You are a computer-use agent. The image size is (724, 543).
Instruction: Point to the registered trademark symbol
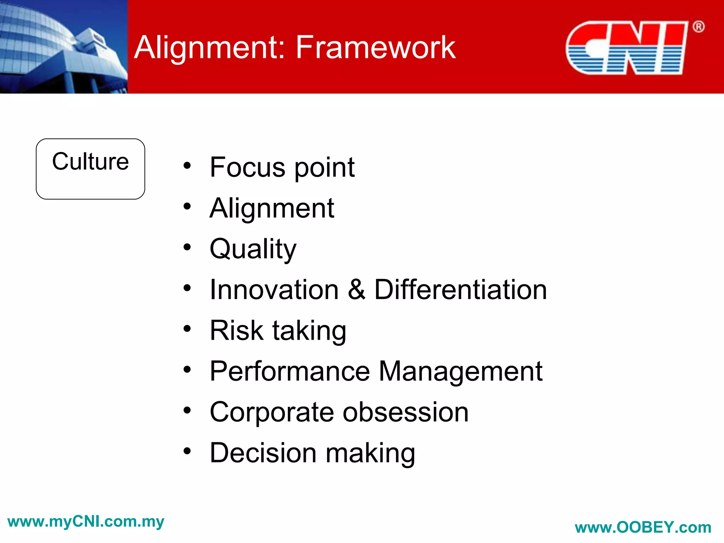pos(698,27)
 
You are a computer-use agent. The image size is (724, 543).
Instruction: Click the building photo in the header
pos(64,47)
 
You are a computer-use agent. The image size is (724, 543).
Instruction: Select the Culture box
pos(90,169)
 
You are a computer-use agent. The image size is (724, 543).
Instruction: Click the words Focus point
pos(282,167)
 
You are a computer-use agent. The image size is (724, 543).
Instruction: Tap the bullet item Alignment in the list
pos(271,208)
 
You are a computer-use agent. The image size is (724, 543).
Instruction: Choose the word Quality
pos(253,249)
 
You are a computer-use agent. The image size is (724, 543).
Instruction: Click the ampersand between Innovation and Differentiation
pos(356,290)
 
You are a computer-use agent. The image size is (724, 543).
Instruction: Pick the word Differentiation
pos(460,290)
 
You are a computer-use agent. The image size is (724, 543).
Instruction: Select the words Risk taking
pos(278,331)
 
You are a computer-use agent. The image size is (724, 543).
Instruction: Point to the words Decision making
pos(312,453)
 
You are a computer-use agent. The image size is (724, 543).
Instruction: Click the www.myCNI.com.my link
pos(86,522)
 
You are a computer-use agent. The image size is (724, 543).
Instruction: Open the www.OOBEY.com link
pos(643,527)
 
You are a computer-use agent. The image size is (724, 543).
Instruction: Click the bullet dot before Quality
pos(187,247)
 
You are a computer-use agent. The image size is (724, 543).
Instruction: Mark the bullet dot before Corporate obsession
pos(187,410)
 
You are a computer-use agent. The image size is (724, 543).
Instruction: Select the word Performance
pos(290,372)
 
